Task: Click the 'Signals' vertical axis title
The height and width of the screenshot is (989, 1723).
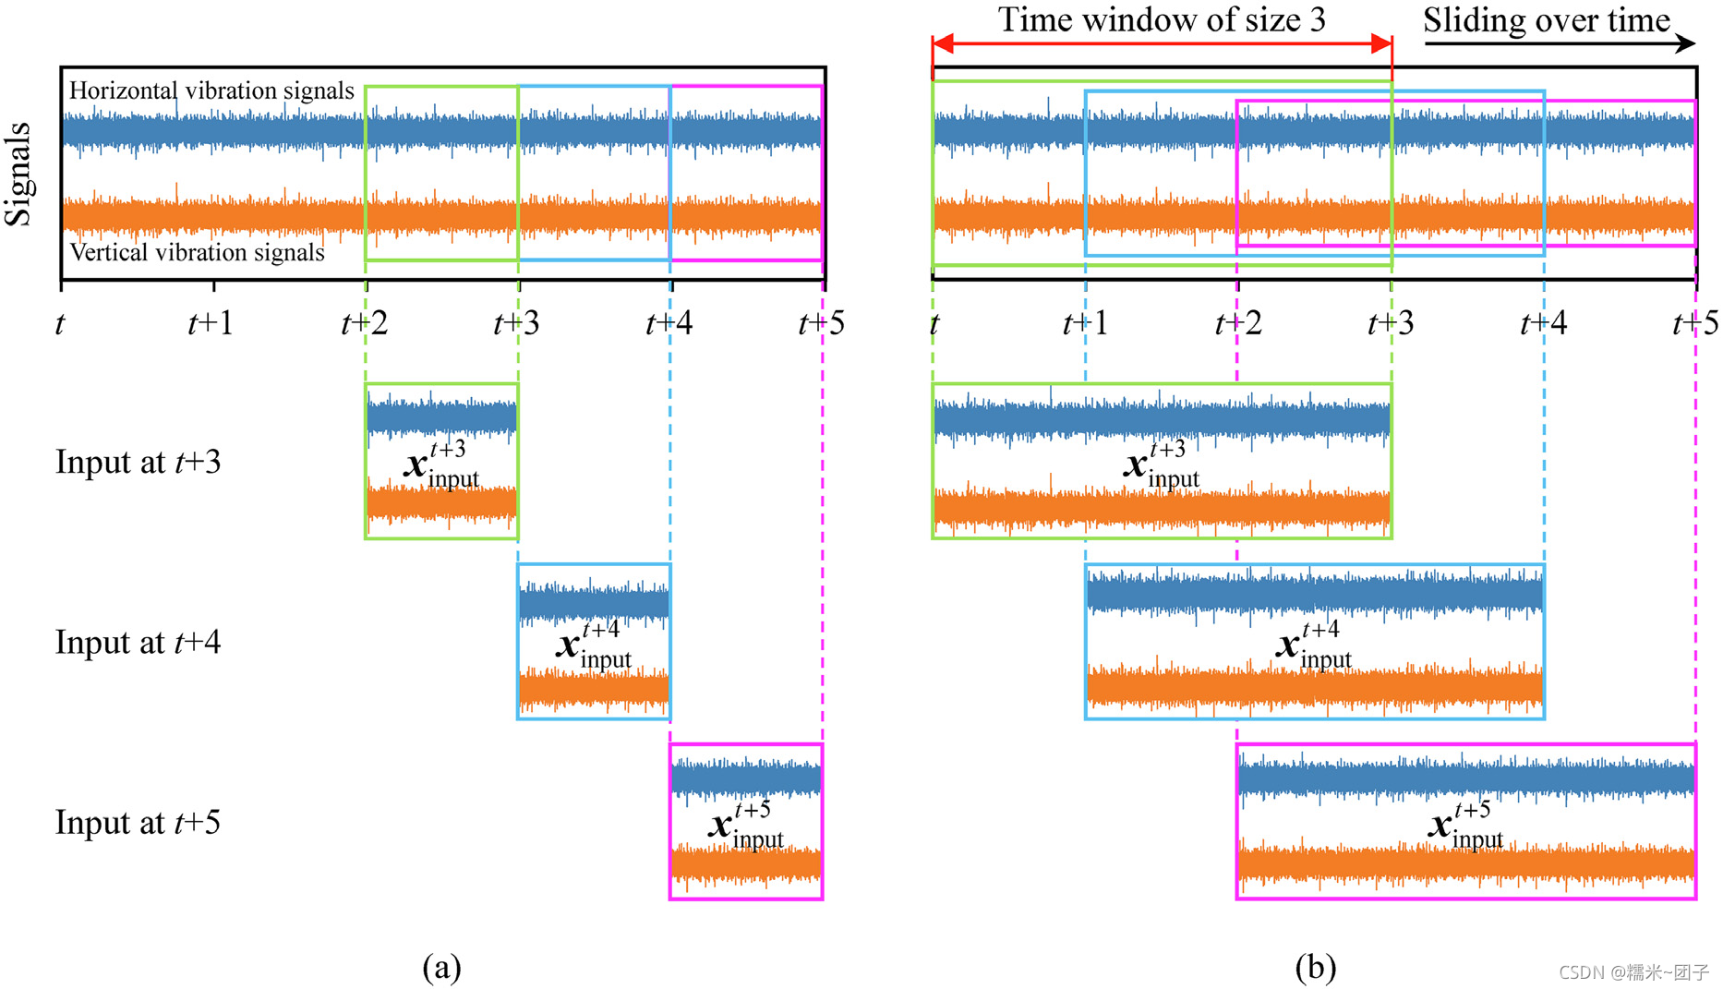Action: coord(18,174)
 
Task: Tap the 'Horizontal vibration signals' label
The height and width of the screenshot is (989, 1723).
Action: coord(211,90)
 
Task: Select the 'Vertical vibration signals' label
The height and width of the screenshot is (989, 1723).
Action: coord(197,252)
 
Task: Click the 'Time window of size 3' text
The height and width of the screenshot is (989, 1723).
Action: coord(1162,19)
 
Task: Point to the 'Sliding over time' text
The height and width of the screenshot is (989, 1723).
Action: coord(1546,19)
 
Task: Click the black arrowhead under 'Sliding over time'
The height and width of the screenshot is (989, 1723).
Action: coord(1686,42)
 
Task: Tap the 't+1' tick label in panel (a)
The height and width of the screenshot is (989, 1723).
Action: coord(211,323)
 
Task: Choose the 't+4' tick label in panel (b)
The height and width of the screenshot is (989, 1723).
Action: coord(1543,323)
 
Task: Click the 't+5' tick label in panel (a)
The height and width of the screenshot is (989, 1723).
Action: coord(821,323)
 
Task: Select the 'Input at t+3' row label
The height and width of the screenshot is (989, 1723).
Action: coord(138,462)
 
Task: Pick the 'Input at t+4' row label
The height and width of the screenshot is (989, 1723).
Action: coord(138,642)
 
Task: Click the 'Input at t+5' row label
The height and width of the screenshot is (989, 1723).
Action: coord(138,822)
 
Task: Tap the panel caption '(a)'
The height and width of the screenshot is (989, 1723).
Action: coord(441,967)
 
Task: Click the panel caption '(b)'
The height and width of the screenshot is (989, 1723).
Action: coord(1315,967)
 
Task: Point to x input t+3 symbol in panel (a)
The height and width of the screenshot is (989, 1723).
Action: coord(441,464)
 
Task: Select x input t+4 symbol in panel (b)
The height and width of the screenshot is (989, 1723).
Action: coord(1314,645)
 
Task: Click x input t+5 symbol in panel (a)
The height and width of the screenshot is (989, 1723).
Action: coord(746,825)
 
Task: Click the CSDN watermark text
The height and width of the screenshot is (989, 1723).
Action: coord(1633,972)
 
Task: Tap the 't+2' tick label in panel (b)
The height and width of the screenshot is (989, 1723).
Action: coord(1237,323)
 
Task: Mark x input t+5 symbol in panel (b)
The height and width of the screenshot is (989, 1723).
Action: coord(1465,825)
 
